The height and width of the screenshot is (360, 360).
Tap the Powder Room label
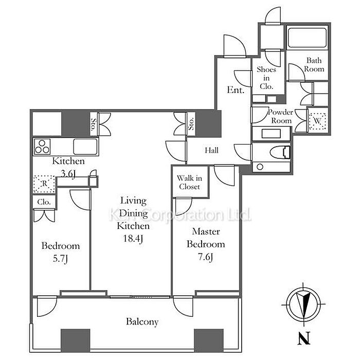[280, 117]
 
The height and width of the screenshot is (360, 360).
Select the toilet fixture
[280, 152]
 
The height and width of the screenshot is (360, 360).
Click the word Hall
[212, 151]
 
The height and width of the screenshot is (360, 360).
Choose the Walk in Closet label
[189, 183]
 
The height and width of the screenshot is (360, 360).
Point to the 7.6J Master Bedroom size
[206, 257]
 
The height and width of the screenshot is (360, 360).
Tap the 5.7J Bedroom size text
[61, 259]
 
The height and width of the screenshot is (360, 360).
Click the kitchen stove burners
[43, 147]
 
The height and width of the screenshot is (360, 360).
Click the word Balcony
[142, 322]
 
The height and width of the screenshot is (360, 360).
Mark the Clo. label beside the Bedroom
[44, 203]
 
